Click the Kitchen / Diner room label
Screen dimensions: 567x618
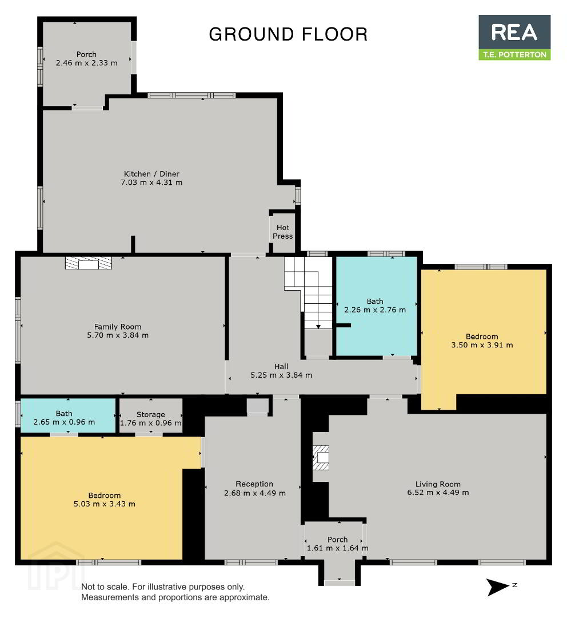coord(151,174)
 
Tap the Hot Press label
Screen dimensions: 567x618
coord(283,232)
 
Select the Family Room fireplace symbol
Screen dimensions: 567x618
coord(89,263)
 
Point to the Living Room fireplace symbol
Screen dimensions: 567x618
coord(321,457)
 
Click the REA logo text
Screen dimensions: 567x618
coord(514,32)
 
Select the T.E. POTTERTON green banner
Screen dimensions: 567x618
coord(514,55)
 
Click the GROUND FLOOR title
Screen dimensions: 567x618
coord(288,34)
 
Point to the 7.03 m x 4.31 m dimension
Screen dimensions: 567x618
coord(151,183)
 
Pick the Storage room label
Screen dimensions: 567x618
coord(151,414)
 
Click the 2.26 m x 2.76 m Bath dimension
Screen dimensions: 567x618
coord(375,310)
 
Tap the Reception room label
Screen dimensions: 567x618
coord(254,484)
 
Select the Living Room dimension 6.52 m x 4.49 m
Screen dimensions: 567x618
coord(438,492)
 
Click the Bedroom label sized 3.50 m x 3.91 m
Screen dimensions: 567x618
coord(482,336)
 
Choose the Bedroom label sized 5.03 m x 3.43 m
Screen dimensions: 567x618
coord(105,496)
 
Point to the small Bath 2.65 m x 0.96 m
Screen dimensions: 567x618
coord(64,418)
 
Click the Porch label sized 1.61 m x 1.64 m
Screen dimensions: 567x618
coord(337,540)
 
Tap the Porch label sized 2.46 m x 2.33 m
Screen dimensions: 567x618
coord(86,54)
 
